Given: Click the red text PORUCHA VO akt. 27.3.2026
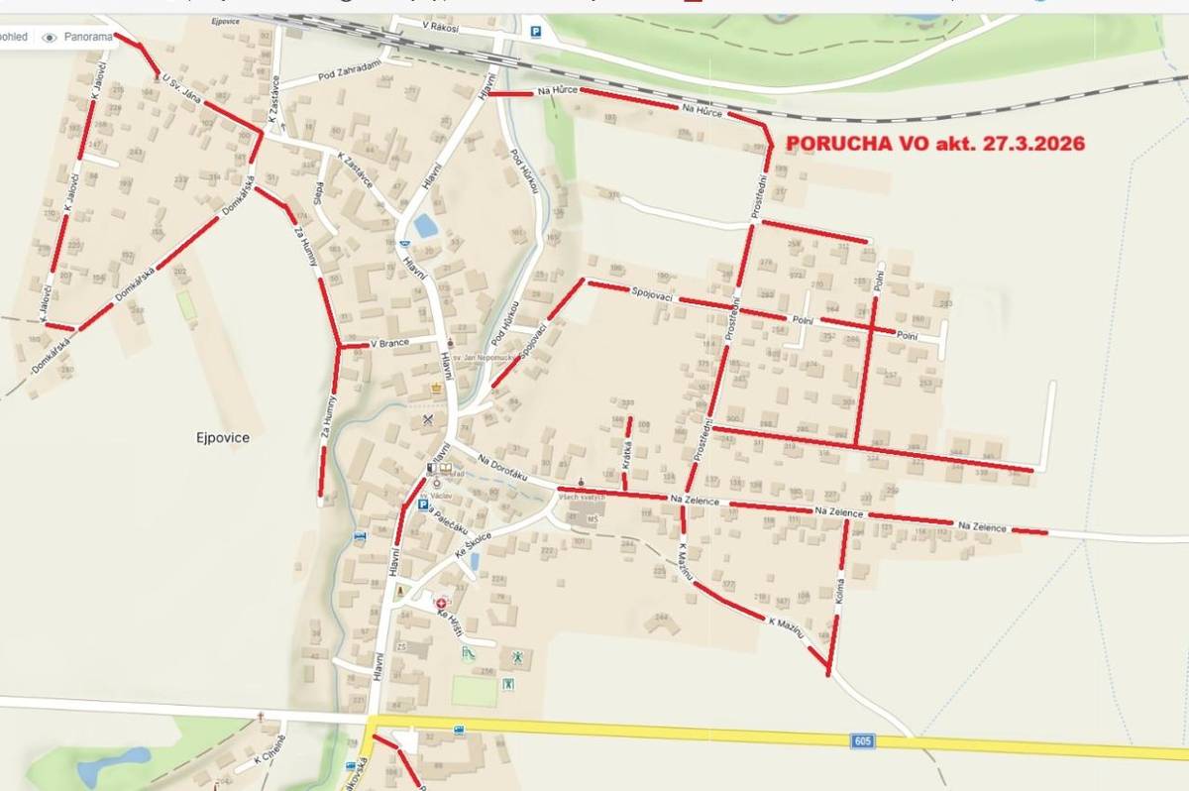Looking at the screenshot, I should (x=934, y=144).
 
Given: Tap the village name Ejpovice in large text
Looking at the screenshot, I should (x=221, y=437).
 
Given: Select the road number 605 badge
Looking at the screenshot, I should (x=862, y=740).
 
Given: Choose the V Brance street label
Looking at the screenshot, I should (x=389, y=344).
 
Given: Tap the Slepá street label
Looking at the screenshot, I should (x=318, y=191).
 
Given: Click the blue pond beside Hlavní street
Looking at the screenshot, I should (x=426, y=226).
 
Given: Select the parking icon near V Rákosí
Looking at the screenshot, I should (x=536, y=31).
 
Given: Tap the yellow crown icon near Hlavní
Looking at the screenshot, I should (x=437, y=390).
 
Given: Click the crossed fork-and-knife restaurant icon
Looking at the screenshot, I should (x=428, y=420).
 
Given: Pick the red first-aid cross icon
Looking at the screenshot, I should (x=441, y=601).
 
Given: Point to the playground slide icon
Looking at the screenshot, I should (x=468, y=653).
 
